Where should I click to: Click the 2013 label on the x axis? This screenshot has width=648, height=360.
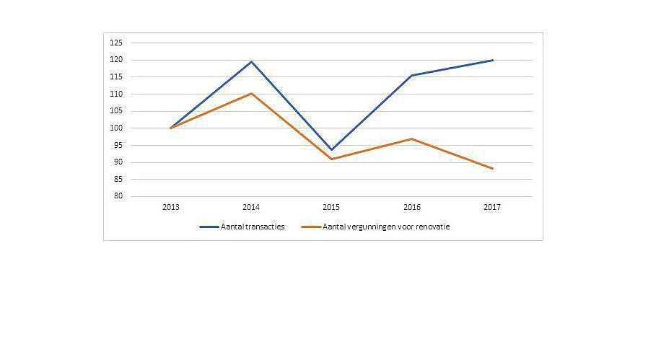pos(171,207)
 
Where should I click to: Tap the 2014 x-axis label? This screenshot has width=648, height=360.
pos(251,207)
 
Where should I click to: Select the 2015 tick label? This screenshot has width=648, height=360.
pos(332,207)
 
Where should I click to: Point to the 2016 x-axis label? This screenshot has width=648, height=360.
pos(412,207)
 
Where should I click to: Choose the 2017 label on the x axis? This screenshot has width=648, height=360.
pos(492,207)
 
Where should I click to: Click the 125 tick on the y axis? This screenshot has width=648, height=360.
pos(115,43)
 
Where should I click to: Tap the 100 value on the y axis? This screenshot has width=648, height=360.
pos(115,128)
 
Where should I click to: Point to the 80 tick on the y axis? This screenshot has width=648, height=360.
pos(118,196)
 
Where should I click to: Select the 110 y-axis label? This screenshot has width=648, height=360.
pos(115,94)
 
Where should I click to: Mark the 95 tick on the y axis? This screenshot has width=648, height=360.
pos(118,145)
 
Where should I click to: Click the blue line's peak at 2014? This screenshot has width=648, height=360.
pos(251,61)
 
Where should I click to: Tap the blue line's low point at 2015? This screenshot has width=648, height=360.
pos(332,149)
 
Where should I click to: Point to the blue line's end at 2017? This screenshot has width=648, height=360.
pos(492,60)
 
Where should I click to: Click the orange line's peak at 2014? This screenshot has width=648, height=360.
pos(251,93)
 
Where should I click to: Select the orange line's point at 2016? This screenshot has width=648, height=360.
pos(412,139)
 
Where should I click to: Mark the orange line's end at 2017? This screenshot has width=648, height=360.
pos(492,168)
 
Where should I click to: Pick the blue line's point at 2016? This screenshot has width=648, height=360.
pos(412,75)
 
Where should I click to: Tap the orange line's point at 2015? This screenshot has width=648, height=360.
pos(332,159)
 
